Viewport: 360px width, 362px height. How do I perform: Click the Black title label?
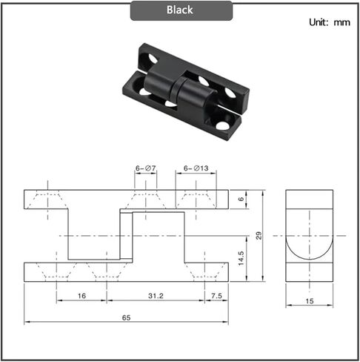[180, 10]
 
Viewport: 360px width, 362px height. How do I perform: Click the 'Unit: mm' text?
[329, 22]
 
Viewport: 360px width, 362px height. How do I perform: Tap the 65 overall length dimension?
[127, 317]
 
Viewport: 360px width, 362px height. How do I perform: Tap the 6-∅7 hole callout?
[145, 169]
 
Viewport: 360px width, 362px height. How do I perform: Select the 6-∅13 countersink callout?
[196, 169]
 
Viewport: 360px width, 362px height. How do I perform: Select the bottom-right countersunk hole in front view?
[204, 271]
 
